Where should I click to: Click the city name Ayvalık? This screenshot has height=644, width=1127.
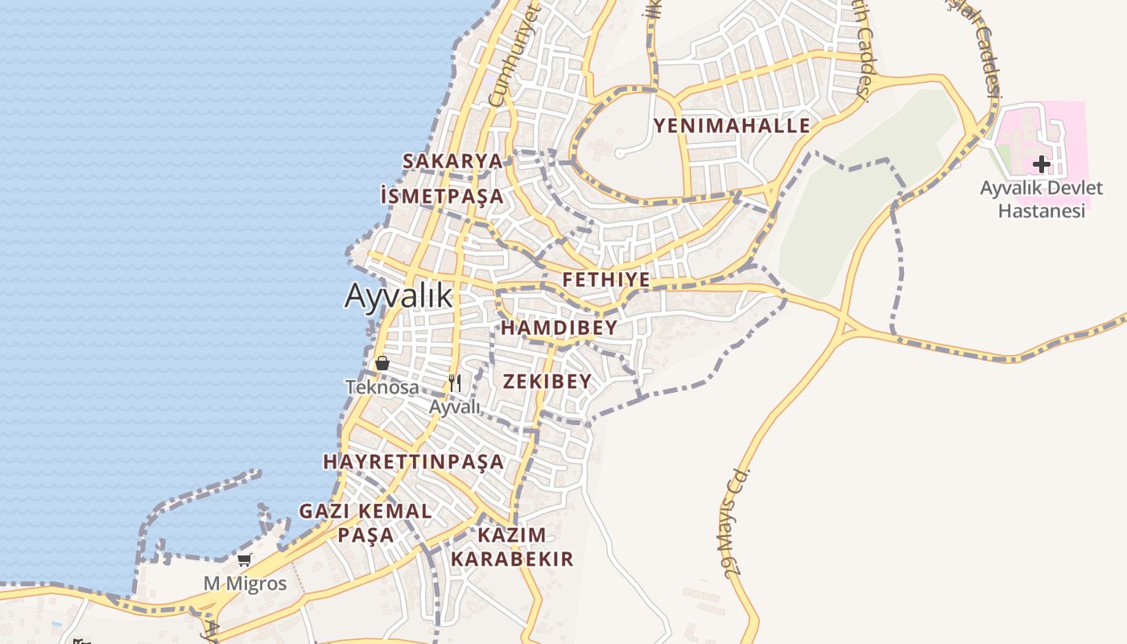[x=398, y=295]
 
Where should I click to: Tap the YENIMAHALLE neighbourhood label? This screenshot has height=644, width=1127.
[x=732, y=126]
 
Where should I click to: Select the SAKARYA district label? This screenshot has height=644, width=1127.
[x=452, y=161]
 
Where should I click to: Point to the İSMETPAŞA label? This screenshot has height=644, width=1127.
[x=442, y=196]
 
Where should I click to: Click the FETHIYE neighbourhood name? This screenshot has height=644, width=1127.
[x=606, y=280]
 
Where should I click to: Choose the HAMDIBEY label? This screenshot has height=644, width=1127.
[x=559, y=328]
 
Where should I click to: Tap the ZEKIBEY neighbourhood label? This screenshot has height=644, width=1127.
[x=547, y=382]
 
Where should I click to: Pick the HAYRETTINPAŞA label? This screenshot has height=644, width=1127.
[x=414, y=462]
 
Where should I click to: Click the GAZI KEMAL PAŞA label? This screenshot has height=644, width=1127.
[x=365, y=522]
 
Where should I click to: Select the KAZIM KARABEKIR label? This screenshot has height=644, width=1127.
[x=512, y=547]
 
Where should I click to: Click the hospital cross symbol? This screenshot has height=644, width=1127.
[x=1042, y=164]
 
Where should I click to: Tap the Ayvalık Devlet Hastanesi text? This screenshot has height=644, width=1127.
[x=1042, y=200]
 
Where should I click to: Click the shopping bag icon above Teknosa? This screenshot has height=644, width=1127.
[x=382, y=363]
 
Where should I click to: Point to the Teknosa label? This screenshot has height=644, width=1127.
[x=382, y=387]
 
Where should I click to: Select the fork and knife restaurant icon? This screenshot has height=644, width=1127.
[x=455, y=382]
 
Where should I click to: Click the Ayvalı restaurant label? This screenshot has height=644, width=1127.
[x=454, y=407]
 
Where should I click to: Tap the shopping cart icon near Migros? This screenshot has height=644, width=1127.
[x=245, y=559]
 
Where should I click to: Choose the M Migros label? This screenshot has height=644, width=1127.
[x=245, y=584]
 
